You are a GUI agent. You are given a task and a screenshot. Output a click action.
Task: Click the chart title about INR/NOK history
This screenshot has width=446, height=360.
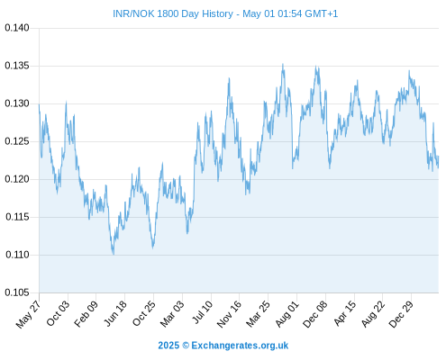[225, 13]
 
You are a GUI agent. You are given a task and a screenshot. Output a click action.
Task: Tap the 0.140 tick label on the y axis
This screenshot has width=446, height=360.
[17, 28]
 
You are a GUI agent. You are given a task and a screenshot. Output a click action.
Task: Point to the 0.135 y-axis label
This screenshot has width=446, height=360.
[17, 66]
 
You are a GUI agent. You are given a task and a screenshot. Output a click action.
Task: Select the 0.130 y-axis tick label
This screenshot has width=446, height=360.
[17, 103]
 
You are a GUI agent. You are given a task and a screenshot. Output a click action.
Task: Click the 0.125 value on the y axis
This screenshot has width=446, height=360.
[17, 141]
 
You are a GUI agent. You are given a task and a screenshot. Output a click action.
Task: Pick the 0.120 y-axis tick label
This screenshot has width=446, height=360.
[17, 179]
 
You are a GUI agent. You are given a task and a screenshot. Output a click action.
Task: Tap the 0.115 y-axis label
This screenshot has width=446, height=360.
[17, 217]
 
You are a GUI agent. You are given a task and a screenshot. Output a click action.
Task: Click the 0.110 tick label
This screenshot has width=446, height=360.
[17, 255]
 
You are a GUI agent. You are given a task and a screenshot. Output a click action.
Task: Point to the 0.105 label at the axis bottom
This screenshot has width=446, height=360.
[17, 292]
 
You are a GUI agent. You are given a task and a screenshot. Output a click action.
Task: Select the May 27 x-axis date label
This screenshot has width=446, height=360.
[28, 314]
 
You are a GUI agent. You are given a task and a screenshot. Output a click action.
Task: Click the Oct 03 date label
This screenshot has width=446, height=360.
[58, 313]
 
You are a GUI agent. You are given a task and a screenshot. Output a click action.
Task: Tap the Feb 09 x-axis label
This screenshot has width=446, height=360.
[86, 313]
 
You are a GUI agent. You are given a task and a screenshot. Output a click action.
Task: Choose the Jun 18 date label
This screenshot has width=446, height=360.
[115, 313]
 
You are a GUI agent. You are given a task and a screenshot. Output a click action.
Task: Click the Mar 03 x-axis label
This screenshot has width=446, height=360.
[172, 314]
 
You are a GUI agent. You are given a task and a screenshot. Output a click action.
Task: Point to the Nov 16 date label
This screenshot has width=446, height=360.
[229, 314]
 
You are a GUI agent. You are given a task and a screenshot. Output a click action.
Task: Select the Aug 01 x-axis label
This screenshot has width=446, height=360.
[287, 313]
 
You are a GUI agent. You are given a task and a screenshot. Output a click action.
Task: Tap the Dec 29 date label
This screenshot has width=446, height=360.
[401, 314]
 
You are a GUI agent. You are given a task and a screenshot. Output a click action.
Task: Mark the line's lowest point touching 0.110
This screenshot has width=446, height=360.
[114, 255]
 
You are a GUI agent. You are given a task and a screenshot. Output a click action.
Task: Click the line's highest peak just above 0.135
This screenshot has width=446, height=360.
[283, 64]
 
